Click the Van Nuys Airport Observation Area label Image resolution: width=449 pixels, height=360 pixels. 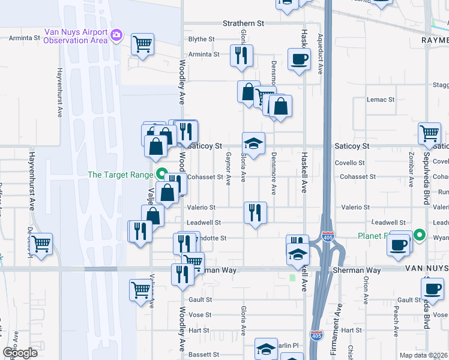click(x=76, y=36)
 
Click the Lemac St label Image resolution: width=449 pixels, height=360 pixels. click(x=381, y=100)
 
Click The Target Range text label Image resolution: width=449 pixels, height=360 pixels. click(x=121, y=175)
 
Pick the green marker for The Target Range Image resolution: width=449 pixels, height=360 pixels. click(x=161, y=175)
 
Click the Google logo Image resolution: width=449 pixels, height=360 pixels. click(x=20, y=353)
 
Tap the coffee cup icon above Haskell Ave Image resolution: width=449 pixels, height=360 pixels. click(x=299, y=59)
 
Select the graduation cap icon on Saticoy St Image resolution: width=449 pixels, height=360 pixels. click(x=253, y=143)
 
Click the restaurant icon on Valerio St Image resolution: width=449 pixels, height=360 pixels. click(x=255, y=212)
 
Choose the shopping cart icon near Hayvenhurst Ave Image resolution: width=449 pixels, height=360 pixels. click(x=41, y=244)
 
